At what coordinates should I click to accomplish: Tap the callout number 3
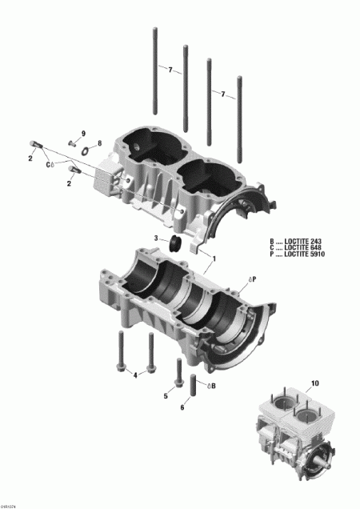pyautogui.click(x=158, y=238)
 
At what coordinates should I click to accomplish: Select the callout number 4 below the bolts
pyautogui.click(x=135, y=375)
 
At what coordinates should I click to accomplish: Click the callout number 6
pyautogui.click(x=182, y=407)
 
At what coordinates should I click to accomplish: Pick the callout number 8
pyautogui.click(x=99, y=143)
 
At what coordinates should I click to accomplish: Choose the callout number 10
pyautogui.click(x=314, y=383)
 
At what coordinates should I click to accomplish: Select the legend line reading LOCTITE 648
pyautogui.click(x=298, y=247)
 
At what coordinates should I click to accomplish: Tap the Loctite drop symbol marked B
pyautogui.click(x=210, y=386)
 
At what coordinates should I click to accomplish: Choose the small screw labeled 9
pyautogui.click(x=71, y=143)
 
